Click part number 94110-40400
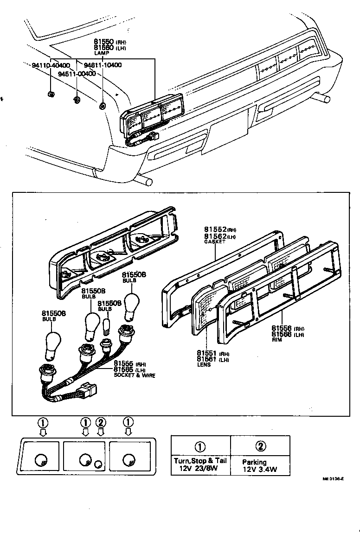51,65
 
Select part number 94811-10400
103,65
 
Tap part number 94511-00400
77,74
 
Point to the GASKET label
214,242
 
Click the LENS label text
203,365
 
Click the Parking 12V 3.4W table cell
260,465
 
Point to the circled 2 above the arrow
101,422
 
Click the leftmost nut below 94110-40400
51,95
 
